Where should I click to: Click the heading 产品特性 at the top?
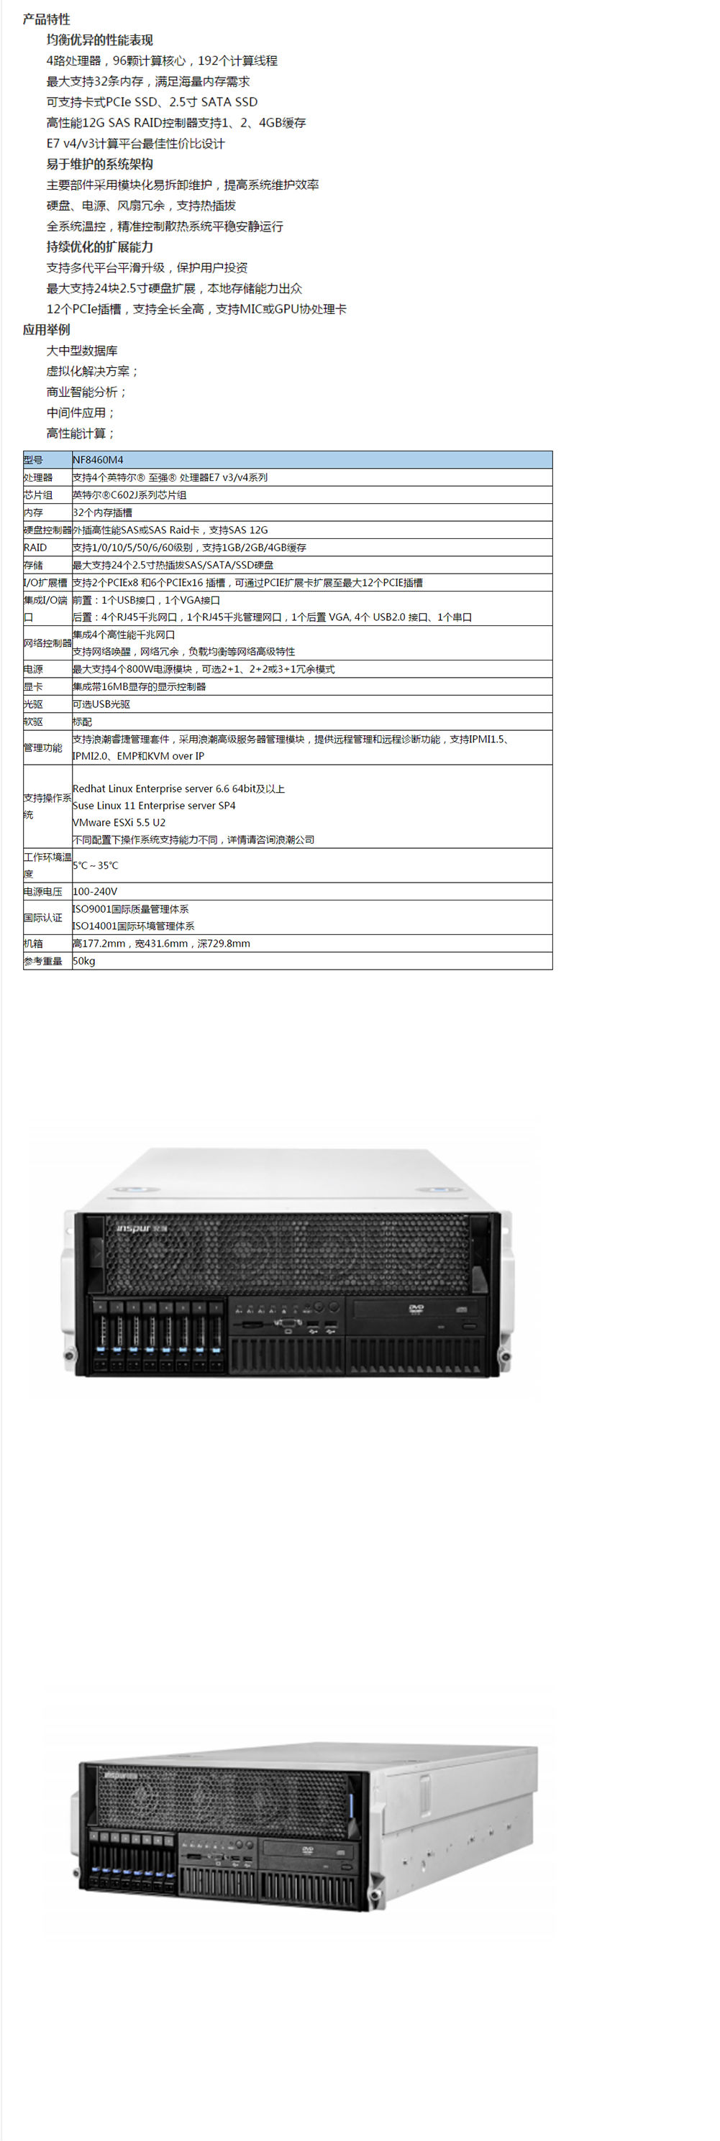(47, 19)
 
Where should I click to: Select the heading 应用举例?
(47, 330)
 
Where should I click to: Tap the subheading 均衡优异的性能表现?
(100, 40)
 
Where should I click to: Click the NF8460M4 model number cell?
(98, 460)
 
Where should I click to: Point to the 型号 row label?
(33, 460)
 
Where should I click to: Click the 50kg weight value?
(84, 961)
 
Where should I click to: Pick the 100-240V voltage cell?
(95, 891)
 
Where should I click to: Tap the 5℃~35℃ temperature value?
(96, 865)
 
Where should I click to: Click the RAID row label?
(35, 547)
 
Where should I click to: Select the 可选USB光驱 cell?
(101, 704)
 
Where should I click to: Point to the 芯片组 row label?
(38, 494)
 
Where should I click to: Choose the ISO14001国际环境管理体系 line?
(134, 926)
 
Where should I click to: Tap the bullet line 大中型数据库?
(82, 351)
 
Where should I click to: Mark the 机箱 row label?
(33, 944)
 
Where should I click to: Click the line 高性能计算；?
(81, 433)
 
